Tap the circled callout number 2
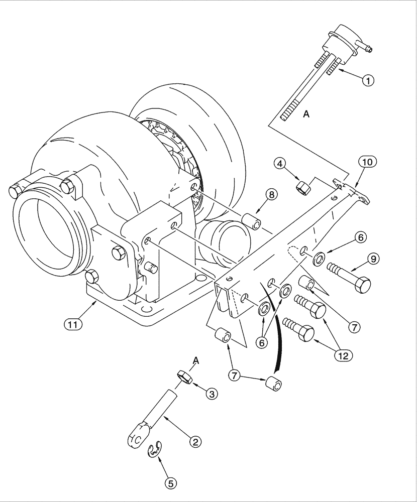coord(195,441)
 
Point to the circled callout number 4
coord(281,163)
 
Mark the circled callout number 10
coord(367,162)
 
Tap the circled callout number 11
coord(73,324)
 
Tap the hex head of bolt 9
coord(360,284)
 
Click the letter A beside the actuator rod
coord(306,114)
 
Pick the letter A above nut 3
coord(196,360)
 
